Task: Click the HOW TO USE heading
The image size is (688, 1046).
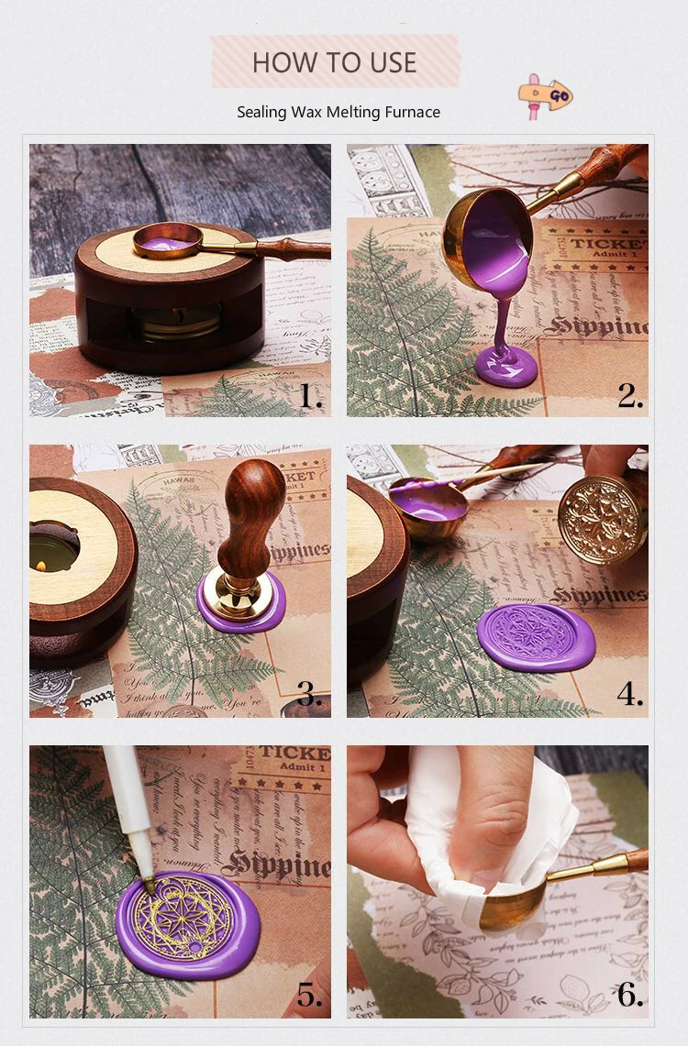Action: pos(334,62)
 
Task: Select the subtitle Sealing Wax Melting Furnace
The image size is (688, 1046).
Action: pos(338,112)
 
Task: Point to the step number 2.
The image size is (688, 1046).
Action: pos(629,396)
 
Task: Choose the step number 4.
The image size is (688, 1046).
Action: pos(629,694)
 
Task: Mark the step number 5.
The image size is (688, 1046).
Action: pos(309,995)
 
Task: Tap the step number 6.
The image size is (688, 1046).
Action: pos(629,995)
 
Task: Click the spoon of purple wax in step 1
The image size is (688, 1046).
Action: pos(168,242)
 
